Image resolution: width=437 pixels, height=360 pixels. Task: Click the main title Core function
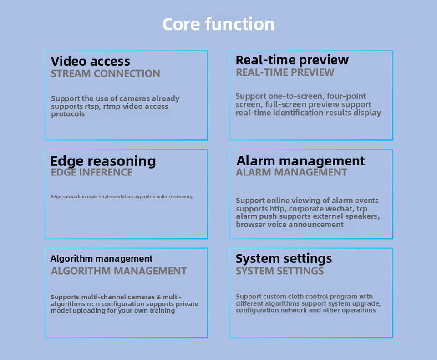coord(218,24)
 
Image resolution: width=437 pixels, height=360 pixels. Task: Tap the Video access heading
coord(90,62)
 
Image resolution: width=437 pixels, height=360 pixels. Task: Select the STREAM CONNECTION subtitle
coord(105,74)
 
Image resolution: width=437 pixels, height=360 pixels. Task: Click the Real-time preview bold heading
coord(292,60)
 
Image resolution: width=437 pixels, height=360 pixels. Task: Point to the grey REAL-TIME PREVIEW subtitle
coord(285,72)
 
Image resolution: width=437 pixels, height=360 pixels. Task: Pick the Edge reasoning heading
coord(103,161)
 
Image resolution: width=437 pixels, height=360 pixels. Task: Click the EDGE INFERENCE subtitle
coord(91,172)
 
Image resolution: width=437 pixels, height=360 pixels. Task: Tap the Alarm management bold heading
coord(300,161)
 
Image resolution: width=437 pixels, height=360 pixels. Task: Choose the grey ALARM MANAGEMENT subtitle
coord(291,172)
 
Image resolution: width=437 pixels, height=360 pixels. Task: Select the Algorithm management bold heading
coord(102,259)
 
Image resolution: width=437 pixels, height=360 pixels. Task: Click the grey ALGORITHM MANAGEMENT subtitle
coord(119,271)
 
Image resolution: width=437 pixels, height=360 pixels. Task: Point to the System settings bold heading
coord(284,259)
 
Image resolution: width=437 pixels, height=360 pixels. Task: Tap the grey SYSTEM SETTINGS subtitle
coord(279,271)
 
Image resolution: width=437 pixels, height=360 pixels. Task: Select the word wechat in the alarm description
coord(339,209)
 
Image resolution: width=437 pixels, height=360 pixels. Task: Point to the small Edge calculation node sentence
coord(122,197)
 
